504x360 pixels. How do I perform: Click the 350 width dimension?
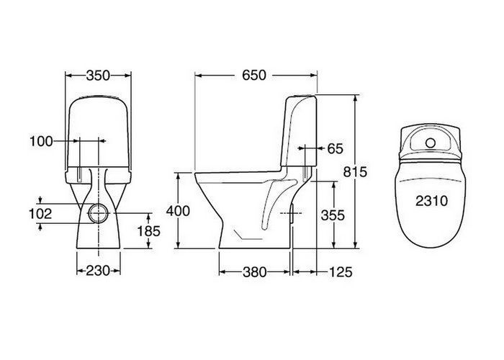[98, 76]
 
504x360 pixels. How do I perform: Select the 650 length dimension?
[254, 75]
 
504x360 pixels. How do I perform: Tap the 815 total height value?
[355, 172]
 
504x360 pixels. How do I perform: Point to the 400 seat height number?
[178, 211]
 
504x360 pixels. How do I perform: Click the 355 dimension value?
[333, 215]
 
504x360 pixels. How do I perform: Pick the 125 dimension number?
[341, 272]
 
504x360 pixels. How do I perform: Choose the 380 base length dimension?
[255, 272]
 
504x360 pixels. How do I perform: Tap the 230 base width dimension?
[98, 271]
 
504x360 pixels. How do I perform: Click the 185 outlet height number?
[148, 231]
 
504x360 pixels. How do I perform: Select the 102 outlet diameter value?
[40, 214]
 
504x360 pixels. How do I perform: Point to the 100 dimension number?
[41, 141]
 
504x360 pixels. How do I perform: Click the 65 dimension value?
[336, 148]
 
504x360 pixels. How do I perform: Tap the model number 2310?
[431, 201]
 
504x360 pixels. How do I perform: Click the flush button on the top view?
[431, 143]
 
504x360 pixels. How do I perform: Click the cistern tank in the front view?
[98, 133]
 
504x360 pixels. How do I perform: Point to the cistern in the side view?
[299, 131]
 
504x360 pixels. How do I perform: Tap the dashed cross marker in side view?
[291, 213]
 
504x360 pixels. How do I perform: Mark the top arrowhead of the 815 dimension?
[355, 98]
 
